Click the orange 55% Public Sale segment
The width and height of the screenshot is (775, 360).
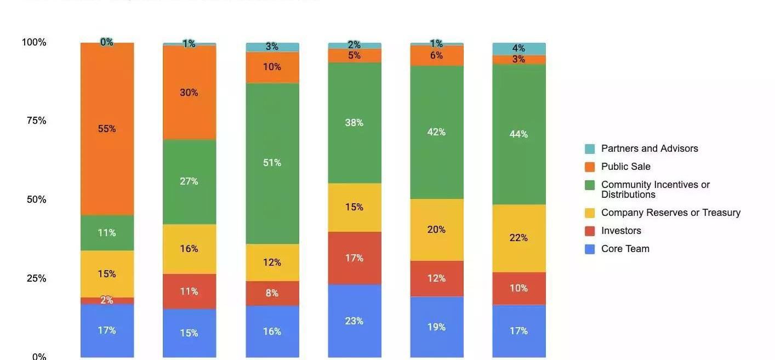(x=107, y=129)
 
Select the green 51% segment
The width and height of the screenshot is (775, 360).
(x=272, y=163)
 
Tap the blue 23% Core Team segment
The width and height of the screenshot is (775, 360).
(x=355, y=321)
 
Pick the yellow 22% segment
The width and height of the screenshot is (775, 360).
(x=518, y=238)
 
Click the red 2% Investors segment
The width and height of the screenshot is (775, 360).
(x=107, y=300)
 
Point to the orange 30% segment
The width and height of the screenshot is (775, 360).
(x=189, y=93)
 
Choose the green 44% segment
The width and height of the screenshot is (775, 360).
(x=518, y=134)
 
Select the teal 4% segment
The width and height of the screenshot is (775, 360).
(x=518, y=48)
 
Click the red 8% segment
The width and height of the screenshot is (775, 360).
(x=272, y=293)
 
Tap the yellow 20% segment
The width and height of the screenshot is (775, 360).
(x=436, y=230)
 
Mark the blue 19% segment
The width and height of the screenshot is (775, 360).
(x=436, y=327)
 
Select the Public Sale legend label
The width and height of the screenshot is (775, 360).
(x=626, y=167)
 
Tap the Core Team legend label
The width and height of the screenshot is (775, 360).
(x=625, y=249)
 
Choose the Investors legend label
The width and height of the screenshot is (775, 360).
(x=621, y=231)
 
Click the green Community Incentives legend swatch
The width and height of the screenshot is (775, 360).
(x=590, y=185)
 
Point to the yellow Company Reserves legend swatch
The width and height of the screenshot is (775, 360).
(x=590, y=213)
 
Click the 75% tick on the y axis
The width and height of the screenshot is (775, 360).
(x=36, y=121)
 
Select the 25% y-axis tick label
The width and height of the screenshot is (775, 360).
(x=36, y=278)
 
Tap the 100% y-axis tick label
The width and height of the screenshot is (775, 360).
(x=34, y=42)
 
